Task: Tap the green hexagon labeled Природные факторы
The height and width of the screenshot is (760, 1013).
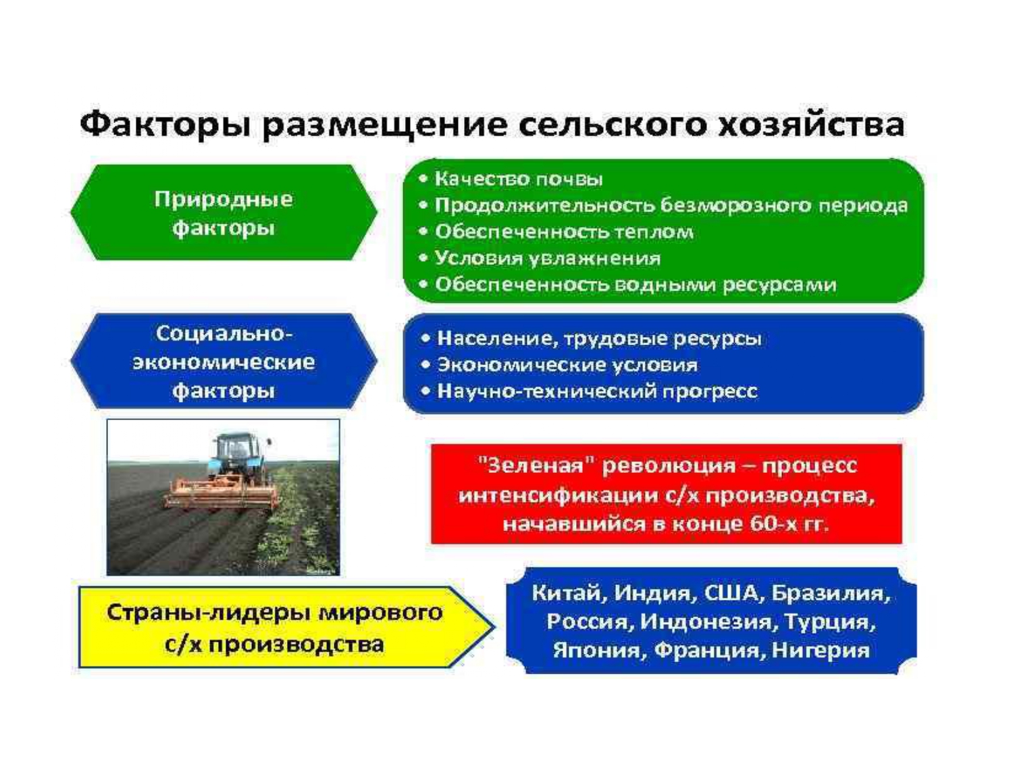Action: click(224, 212)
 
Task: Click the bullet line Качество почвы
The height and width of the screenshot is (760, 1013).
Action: click(511, 178)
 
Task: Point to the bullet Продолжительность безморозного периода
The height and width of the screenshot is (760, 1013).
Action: click(663, 205)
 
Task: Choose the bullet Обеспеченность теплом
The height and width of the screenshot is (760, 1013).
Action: click(556, 231)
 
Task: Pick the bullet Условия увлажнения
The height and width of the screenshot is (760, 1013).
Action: click(540, 258)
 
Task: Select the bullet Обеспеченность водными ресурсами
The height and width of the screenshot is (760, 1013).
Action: click(627, 284)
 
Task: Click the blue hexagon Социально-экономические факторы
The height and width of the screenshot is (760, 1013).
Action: click(224, 361)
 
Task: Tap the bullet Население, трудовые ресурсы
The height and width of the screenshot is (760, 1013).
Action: click(591, 338)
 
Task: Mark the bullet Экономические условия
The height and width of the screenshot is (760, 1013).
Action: click(559, 365)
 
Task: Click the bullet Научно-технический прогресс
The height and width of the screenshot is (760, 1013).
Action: click(589, 391)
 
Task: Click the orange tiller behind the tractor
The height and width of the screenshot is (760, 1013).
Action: click(222, 495)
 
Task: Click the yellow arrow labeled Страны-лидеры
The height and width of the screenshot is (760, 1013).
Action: click(286, 627)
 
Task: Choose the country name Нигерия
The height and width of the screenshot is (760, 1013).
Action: click(821, 651)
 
